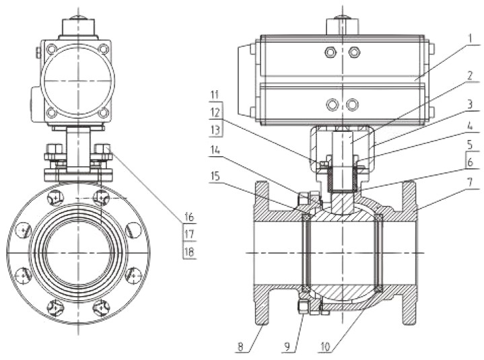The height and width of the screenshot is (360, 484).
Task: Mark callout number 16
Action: pos(189,217)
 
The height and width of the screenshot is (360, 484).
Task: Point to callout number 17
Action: pos(189,234)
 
